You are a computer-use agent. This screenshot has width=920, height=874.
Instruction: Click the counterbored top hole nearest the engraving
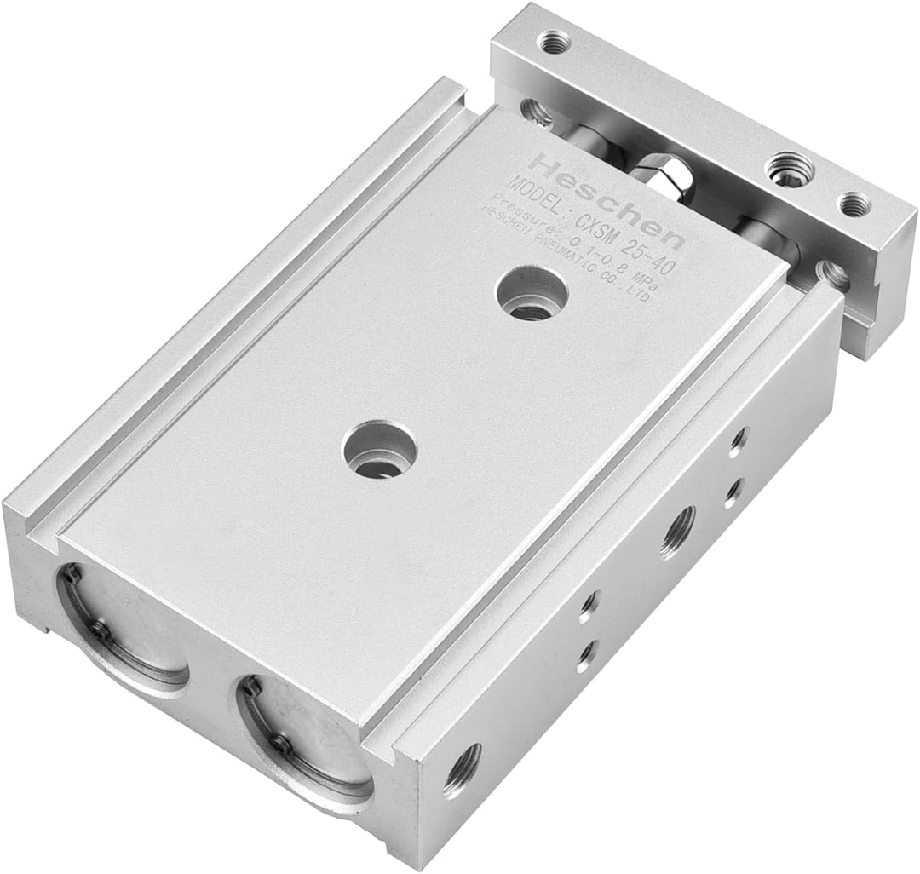point(532,295)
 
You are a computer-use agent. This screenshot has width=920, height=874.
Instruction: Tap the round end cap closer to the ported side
point(302,738)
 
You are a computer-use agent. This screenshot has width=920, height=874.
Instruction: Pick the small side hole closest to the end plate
point(738,441)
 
